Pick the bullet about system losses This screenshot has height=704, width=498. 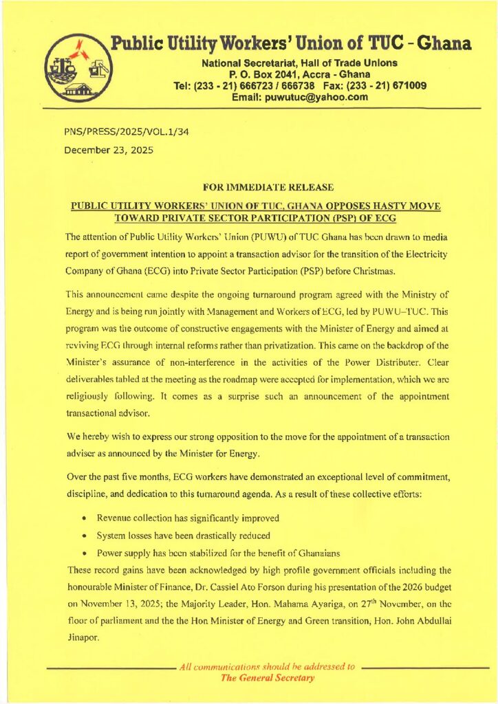[x=182, y=535]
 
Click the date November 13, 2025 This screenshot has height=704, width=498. [x=105, y=606]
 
